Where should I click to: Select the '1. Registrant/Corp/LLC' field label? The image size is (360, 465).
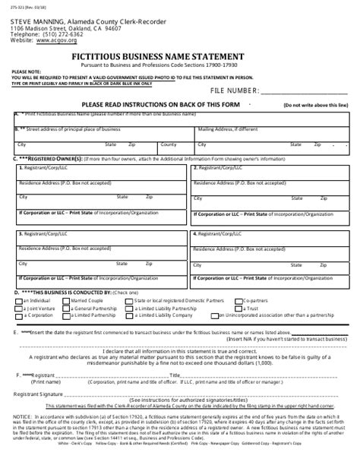point(46,169)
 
